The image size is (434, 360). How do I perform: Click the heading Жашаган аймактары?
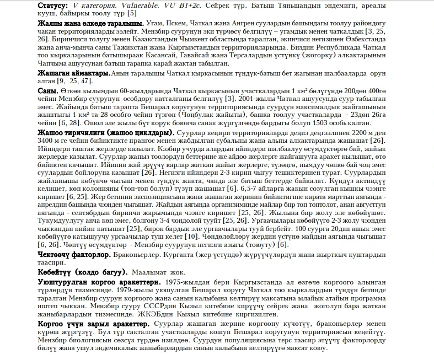tap(74, 73)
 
